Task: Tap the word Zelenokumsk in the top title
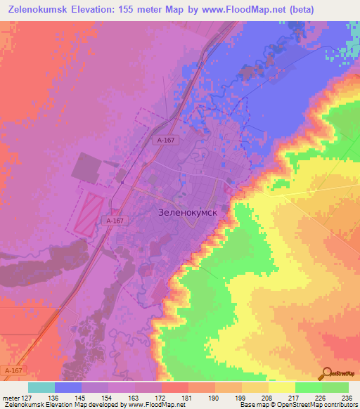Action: pyautogui.click(x=40, y=9)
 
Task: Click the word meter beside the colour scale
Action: pyautogui.click(x=11, y=397)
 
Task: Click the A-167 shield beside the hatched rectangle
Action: pyautogui.click(x=116, y=221)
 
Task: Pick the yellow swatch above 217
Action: pyautogui.click(x=282, y=387)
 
